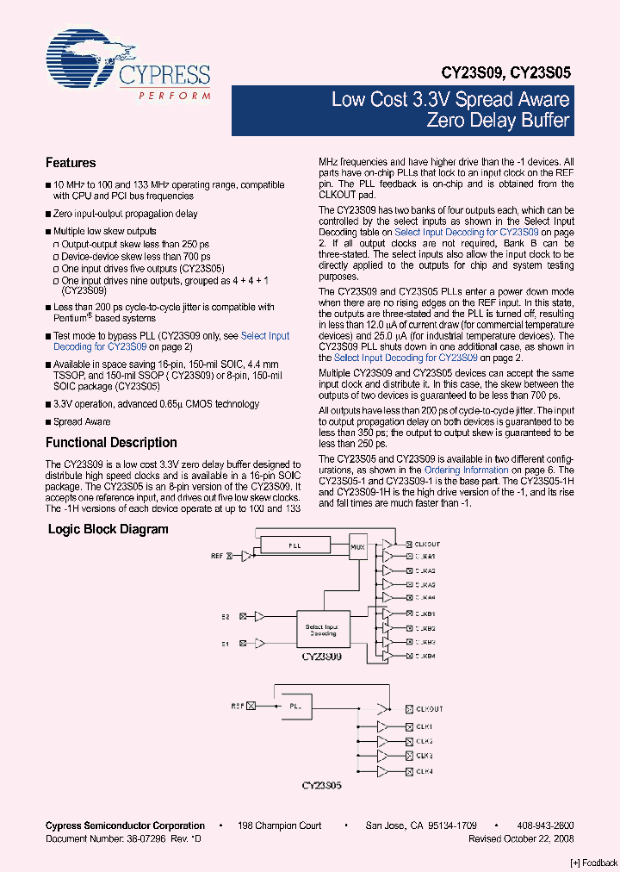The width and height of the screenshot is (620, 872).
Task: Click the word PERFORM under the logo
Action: [174, 95]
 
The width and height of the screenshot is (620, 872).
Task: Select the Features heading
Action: [71, 163]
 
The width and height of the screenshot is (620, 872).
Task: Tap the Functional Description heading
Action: [111, 443]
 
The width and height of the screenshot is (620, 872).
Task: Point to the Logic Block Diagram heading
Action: [108, 529]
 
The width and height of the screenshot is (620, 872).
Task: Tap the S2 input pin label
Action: [226, 616]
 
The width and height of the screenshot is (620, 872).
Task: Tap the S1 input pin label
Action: [226, 643]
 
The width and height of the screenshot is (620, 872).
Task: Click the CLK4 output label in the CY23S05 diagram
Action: [425, 770]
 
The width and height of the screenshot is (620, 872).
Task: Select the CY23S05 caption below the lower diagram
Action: [322, 786]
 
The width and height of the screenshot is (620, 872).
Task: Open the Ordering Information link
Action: [466, 470]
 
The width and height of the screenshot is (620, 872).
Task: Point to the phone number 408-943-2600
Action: [549, 825]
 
